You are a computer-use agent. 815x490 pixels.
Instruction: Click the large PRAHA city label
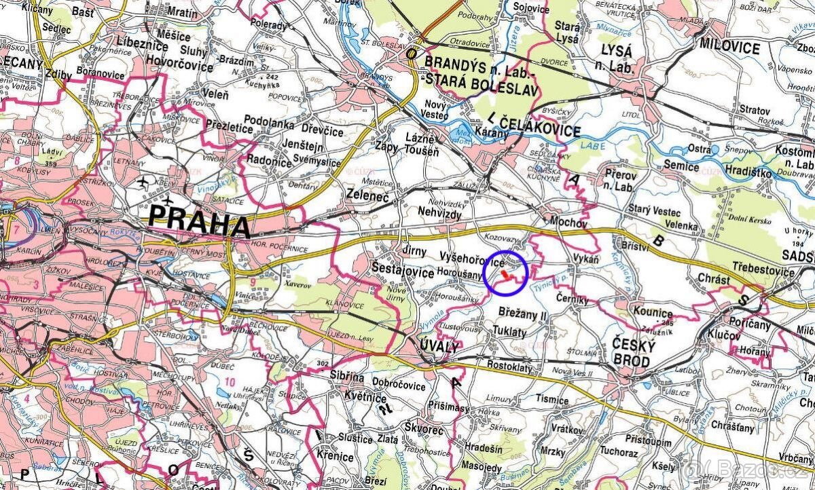pos(198,221)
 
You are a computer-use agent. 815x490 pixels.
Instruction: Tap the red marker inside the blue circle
pos(505,274)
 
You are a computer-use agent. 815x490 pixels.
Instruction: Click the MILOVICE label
pos(731,48)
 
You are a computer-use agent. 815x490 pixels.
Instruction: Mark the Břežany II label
pos(522,316)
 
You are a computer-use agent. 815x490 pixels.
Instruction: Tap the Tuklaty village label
pos(509,333)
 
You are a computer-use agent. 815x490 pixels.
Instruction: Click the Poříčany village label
pos(750,324)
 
